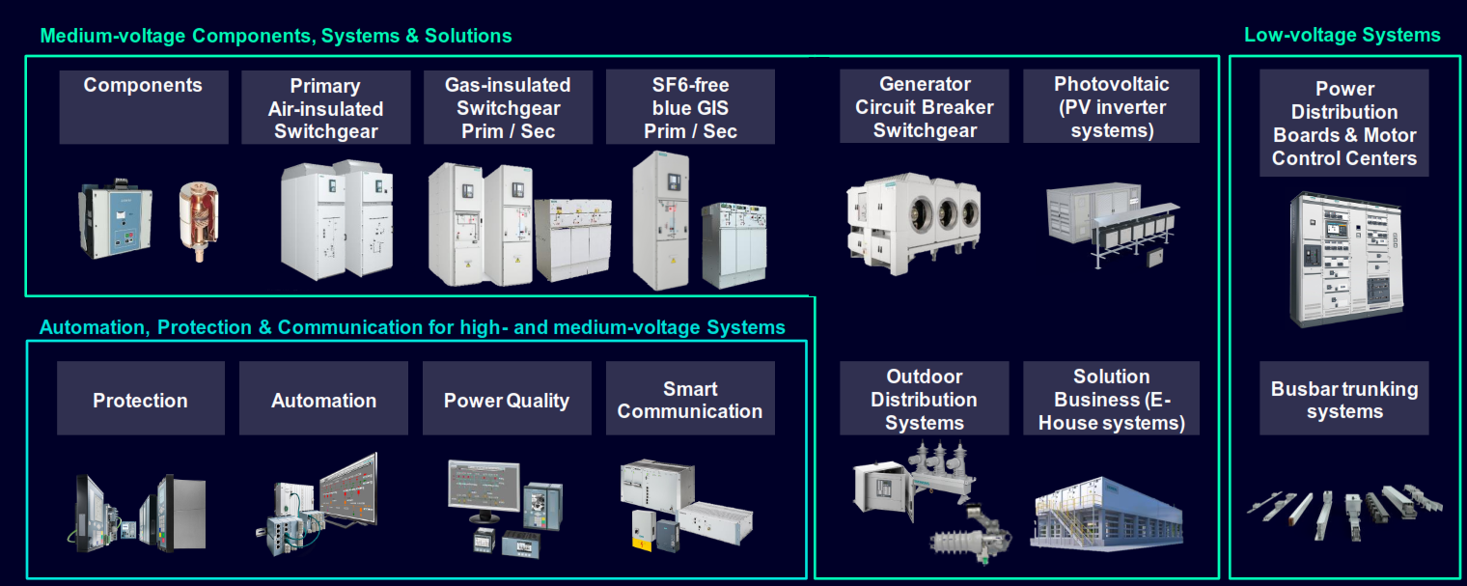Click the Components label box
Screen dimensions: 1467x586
click(x=144, y=106)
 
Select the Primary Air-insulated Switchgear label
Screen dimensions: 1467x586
click(x=325, y=108)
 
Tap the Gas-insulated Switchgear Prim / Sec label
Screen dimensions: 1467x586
click(x=508, y=108)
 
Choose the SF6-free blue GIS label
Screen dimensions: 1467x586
click(x=690, y=108)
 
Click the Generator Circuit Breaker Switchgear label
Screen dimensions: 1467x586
click(x=924, y=107)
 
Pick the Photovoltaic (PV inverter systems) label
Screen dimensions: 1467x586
click(x=1111, y=107)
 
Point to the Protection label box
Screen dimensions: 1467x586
click(x=141, y=399)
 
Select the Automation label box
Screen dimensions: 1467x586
click(x=323, y=399)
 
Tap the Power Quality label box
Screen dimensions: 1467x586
click(x=507, y=399)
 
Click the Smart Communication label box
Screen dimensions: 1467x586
click(x=690, y=399)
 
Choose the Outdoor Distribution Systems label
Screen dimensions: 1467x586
click(x=924, y=399)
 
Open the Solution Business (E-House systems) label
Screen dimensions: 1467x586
click(x=1111, y=399)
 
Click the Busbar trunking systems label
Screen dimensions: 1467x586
click(x=1343, y=399)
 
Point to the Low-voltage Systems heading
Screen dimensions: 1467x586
click(x=1342, y=36)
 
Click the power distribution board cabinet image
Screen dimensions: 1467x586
click(x=1344, y=259)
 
